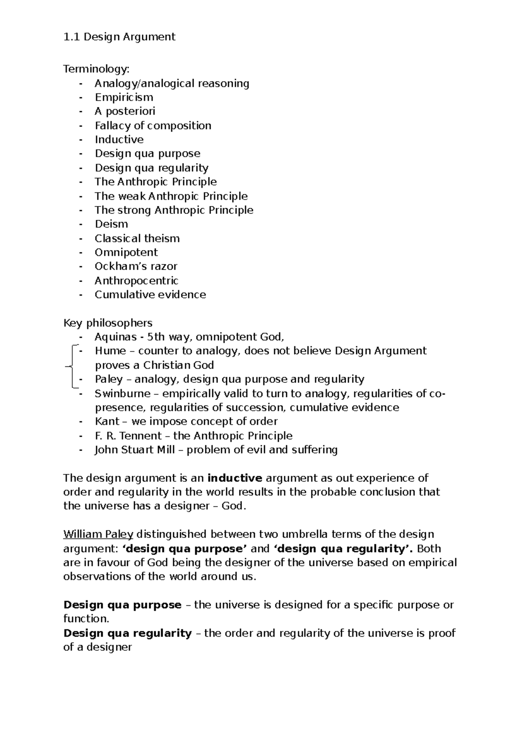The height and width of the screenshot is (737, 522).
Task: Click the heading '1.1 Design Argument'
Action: (119, 37)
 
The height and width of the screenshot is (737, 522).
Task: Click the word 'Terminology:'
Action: (96, 69)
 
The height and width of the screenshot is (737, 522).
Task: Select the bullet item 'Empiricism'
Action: (124, 97)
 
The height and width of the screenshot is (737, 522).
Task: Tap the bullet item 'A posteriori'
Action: (125, 111)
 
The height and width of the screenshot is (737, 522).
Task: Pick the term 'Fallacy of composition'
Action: (153, 126)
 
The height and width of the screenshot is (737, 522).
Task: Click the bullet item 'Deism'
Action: (111, 224)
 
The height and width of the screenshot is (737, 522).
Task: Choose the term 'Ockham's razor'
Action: (136, 266)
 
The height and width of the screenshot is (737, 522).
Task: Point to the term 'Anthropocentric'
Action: (137, 281)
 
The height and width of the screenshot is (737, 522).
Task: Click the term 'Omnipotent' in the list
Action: (126, 252)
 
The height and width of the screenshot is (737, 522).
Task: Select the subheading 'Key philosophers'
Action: (108, 323)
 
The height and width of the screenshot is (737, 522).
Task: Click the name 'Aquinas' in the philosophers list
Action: (112, 337)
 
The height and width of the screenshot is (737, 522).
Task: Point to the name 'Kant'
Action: (107, 422)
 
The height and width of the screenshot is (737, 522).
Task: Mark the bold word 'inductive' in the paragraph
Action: (235, 478)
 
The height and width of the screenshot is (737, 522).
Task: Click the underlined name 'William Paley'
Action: (98, 534)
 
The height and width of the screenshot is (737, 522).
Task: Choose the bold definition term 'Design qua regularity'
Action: (127, 633)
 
